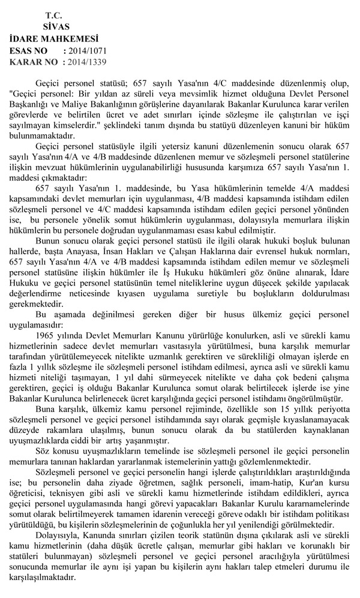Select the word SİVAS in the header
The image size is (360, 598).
(56, 26)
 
